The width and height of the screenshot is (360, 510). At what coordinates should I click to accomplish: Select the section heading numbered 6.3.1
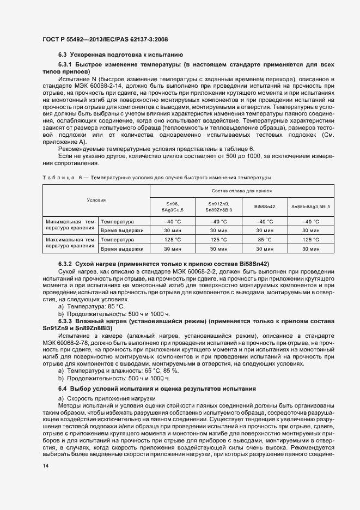(x=66, y=65)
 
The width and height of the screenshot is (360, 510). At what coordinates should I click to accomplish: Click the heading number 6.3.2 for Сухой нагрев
(x=66, y=264)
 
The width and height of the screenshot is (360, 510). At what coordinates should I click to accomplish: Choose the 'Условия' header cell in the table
(x=96, y=201)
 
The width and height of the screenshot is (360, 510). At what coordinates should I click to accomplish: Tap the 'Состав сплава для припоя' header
(x=242, y=191)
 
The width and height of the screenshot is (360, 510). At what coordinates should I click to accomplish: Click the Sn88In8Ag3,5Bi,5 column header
(x=311, y=207)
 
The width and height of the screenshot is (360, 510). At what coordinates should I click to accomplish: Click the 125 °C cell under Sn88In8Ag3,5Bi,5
(x=311, y=239)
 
